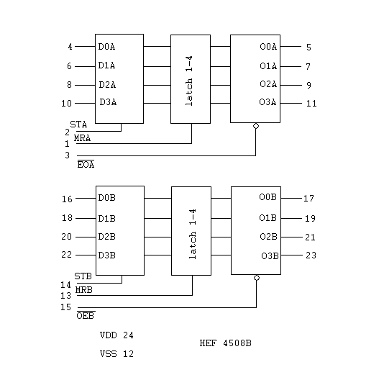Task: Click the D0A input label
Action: [x=106, y=47]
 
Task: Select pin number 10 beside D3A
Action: [x=66, y=104]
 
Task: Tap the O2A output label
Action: [x=268, y=84]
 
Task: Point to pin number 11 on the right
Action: [x=311, y=104]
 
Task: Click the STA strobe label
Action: [x=78, y=125]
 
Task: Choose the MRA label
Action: [x=82, y=138]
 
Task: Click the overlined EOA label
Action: [x=86, y=164]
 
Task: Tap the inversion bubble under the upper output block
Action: [x=256, y=126]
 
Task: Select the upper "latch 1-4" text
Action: [x=189, y=81]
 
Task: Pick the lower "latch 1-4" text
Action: [x=193, y=234]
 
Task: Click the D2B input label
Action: [x=106, y=237]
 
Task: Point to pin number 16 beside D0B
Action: [x=67, y=199]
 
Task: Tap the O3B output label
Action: [x=270, y=256]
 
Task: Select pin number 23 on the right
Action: [x=311, y=255]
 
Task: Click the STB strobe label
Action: [x=83, y=276]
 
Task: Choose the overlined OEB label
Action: [x=86, y=315]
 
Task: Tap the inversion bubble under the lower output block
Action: [x=257, y=278]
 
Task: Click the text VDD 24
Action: [x=116, y=335]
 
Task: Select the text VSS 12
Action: [x=116, y=354]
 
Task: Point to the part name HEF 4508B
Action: [x=226, y=343]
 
